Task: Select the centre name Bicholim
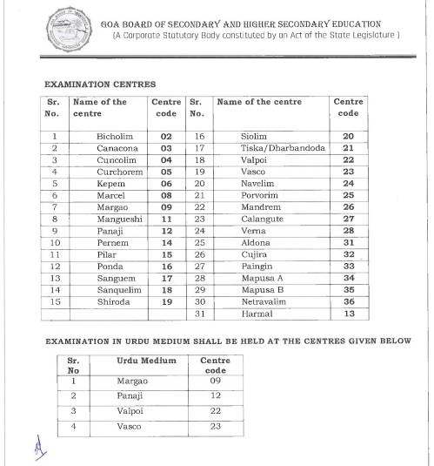[x=115, y=137]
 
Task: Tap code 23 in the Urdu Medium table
[x=215, y=426]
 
